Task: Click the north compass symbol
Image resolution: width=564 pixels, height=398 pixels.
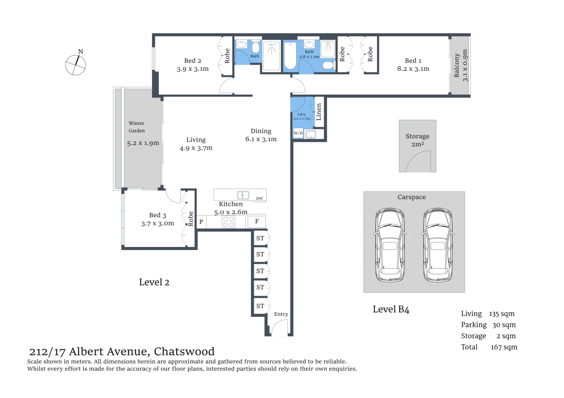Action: click(x=75, y=65)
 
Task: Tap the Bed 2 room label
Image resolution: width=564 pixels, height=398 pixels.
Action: click(x=193, y=61)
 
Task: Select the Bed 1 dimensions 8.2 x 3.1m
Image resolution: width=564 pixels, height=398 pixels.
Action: click(x=413, y=69)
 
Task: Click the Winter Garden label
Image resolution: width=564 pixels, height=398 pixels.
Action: click(x=137, y=127)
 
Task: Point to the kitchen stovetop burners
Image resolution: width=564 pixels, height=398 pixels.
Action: click(x=228, y=222)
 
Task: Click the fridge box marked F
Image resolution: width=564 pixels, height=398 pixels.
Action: click(x=257, y=222)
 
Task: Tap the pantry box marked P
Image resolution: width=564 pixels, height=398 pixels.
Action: click(x=201, y=222)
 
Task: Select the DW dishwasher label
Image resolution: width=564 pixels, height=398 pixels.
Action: click(x=259, y=198)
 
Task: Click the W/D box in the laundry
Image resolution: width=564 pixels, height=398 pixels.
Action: click(x=298, y=133)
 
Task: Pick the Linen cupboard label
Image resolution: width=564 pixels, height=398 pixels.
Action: click(x=319, y=112)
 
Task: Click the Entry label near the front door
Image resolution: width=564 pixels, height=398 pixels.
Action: click(x=281, y=314)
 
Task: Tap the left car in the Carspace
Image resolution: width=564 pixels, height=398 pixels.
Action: click(x=390, y=245)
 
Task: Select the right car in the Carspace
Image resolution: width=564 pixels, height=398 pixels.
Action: click(x=438, y=245)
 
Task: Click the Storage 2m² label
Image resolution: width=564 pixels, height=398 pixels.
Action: click(x=417, y=140)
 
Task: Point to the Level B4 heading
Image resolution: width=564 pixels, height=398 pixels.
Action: click(x=391, y=309)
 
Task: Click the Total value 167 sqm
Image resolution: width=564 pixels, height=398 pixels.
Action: click(x=504, y=347)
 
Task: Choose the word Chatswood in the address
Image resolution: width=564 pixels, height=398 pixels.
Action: click(x=184, y=352)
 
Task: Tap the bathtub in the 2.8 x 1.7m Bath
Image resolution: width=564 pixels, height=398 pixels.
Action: click(x=290, y=55)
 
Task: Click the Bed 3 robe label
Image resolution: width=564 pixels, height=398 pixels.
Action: click(x=191, y=219)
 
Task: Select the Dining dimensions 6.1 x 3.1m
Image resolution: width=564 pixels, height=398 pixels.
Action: click(x=261, y=139)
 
